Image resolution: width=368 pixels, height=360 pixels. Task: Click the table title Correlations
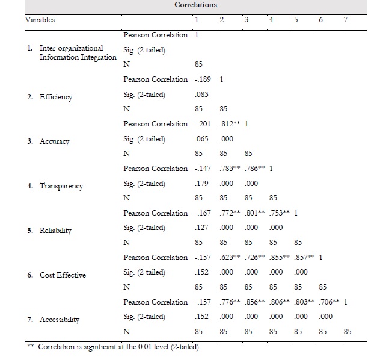pos(196,5)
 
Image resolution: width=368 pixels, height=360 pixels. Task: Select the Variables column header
pos(40,20)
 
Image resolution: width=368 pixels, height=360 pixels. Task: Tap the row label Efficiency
pos(56,97)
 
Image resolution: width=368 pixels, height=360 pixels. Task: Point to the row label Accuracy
pos(55,141)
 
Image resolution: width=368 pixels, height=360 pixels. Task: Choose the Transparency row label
pos(61,186)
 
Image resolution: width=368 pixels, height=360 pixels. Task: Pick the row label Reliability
pos(56,231)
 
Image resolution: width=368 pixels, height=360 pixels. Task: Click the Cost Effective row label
pos(63,275)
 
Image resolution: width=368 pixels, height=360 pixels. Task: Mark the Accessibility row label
pos(60,320)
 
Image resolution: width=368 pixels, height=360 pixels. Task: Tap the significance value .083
pos(201,95)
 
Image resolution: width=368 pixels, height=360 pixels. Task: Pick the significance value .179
pos(201,184)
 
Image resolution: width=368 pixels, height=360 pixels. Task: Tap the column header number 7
pos(345,20)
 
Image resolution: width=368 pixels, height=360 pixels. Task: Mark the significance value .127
pos(201,228)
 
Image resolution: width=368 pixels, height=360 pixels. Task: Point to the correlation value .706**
pos(327,302)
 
